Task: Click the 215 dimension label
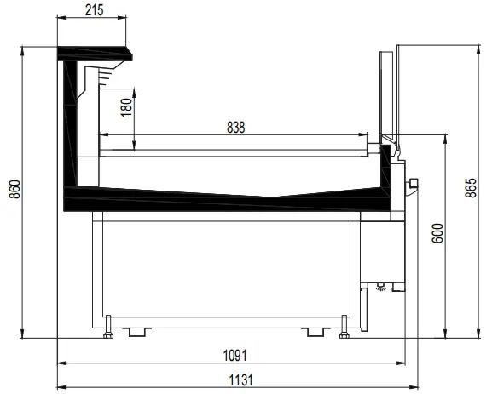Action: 95,9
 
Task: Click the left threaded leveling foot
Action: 108,325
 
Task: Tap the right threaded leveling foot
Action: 343,325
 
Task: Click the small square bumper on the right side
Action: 414,183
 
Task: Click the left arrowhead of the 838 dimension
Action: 104,134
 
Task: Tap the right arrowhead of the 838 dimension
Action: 369,134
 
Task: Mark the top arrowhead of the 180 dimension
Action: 136,89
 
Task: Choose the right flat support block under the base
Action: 315,330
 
